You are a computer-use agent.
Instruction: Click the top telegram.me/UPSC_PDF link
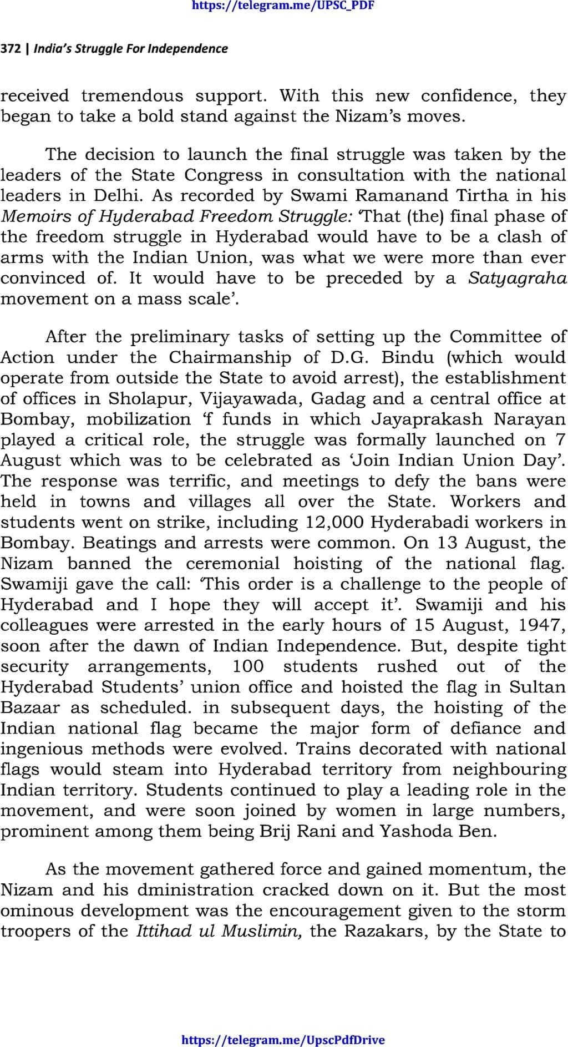[283, 6]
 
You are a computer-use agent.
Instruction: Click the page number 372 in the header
[10, 49]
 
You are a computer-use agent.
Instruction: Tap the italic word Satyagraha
[517, 278]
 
